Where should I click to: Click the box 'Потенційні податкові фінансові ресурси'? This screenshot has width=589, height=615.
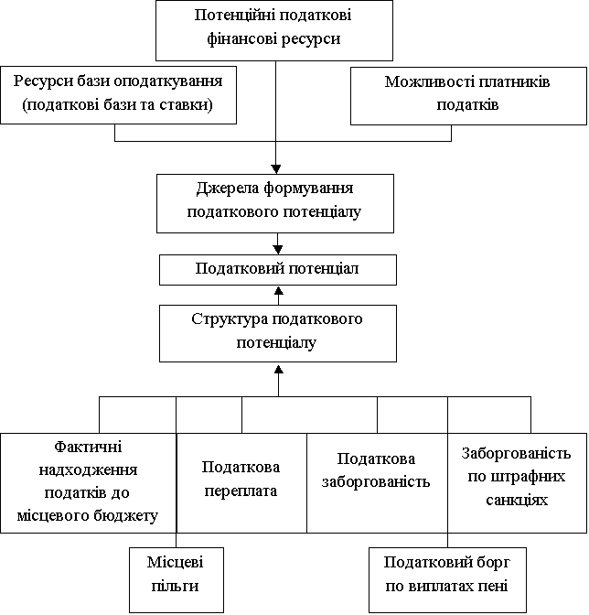pyautogui.click(x=274, y=30)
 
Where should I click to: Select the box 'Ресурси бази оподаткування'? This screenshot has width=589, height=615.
pyautogui.click(x=118, y=95)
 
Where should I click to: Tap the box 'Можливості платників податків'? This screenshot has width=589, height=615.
pyautogui.click(x=468, y=96)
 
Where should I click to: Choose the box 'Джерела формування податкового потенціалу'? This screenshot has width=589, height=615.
pyautogui.click(x=275, y=203)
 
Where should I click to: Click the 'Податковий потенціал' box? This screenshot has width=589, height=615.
pyautogui.click(x=278, y=270)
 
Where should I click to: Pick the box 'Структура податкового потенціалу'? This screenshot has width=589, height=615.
pyautogui.click(x=278, y=333)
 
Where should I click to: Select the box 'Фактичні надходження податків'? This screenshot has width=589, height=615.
pyautogui.click(x=89, y=483)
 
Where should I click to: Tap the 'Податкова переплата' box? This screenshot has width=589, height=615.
pyautogui.click(x=241, y=483)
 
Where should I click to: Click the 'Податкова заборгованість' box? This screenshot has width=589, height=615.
pyautogui.click(x=377, y=483)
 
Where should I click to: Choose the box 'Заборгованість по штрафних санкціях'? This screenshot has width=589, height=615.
pyautogui.click(x=518, y=483)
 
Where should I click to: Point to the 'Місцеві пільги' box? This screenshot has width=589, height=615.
pyautogui.click(x=177, y=579)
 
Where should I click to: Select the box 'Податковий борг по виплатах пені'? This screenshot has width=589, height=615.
pyautogui.click(x=447, y=579)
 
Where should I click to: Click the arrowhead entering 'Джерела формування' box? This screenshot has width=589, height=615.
pyautogui.click(x=276, y=169)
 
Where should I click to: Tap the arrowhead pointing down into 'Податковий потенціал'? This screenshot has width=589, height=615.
pyautogui.click(x=278, y=250)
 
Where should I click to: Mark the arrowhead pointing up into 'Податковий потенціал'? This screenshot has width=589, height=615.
pyautogui.click(x=279, y=290)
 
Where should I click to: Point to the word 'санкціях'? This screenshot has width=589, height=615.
pyautogui.click(x=517, y=500)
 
